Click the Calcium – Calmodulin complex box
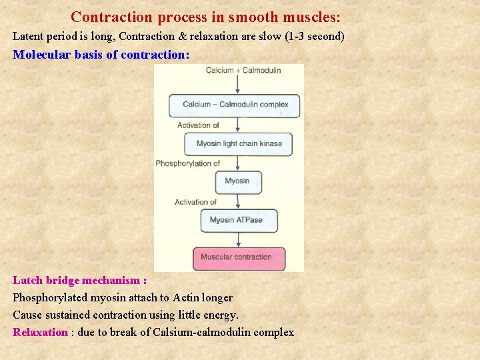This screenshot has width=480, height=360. click(x=234, y=105)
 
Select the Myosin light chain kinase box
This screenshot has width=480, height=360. click(x=239, y=144)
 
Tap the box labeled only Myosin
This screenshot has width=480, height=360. click(x=237, y=181)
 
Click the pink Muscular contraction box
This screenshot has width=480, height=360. click(x=239, y=258)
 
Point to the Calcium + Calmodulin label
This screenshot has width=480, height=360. click(x=243, y=70)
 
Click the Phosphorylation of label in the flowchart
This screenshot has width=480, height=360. click(x=188, y=163)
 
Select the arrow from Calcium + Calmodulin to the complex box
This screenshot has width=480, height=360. click(x=239, y=84)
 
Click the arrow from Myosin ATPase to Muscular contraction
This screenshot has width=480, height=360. click(x=239, y=239)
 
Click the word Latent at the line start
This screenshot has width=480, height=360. click(x=27, y=36)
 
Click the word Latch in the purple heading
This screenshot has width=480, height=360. click(x=27, y=280)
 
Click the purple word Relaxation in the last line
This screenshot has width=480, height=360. click(x=41, y=332)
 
